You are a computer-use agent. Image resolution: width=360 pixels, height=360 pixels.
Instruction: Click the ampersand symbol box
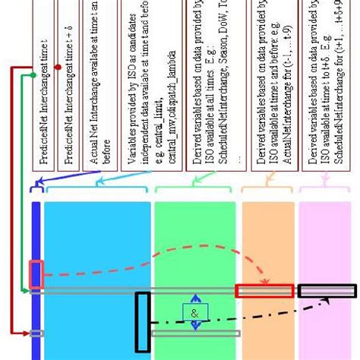point(194,311)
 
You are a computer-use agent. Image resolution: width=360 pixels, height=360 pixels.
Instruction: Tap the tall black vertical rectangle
point(142,321)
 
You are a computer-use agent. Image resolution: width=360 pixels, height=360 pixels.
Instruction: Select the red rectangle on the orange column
point(264,291)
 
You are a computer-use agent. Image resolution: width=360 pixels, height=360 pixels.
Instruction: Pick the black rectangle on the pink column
point(326,290)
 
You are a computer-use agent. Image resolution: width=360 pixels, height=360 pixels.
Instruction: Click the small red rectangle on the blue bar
point(36,274)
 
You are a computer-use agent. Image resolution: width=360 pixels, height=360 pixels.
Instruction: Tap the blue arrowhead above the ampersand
point(195,298)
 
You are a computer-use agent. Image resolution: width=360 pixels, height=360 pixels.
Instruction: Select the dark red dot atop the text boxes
point(58,68)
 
